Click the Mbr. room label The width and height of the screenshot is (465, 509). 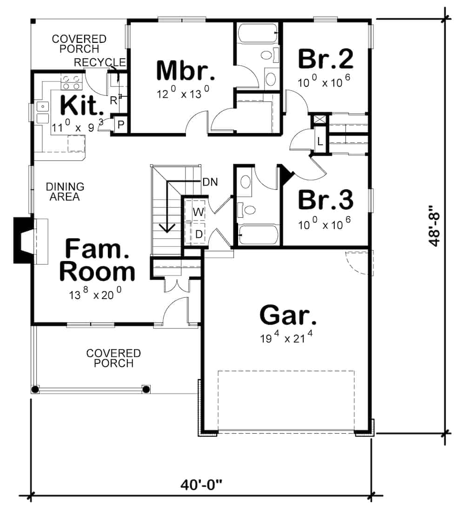coord(186,71)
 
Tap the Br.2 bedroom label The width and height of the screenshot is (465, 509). coord(325,59)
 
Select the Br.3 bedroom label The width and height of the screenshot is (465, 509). coord(325,200)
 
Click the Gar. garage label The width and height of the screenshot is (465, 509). coord(288,315)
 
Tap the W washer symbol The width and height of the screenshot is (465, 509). coord(199,212)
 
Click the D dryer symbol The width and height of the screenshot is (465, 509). coord(199,234)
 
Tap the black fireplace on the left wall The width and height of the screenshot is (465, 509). coord(22,240)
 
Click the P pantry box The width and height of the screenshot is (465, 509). coord(120,124)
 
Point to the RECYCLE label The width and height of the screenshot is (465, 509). coord(100,62)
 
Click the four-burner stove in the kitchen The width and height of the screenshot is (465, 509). coord(71,82)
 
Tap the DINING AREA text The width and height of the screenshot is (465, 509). coord(65,192)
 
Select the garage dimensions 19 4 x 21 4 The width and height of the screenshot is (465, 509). coord(286,338)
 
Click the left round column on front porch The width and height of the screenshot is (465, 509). coord(35,389)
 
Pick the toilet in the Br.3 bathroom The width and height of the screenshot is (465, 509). coord(249,210)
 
